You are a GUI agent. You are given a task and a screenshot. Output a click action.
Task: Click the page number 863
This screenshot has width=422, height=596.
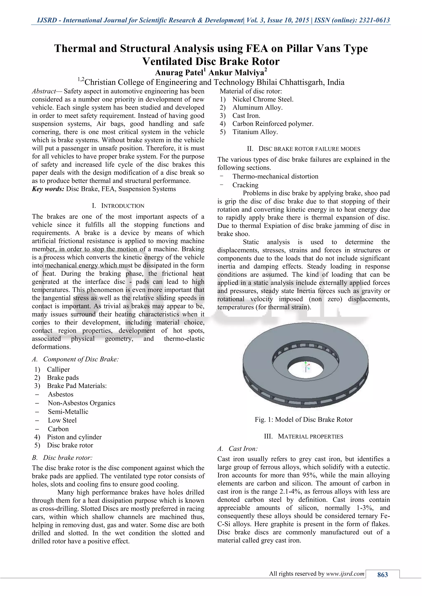[x=382, y=575]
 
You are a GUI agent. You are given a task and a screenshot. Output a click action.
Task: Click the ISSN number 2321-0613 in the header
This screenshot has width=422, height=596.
[x=374, y=20]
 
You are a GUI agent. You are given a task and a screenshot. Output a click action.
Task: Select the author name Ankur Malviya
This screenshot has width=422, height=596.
[x=237, y=73]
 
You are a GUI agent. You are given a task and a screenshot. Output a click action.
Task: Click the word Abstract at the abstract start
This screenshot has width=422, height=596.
[x=44, y=91]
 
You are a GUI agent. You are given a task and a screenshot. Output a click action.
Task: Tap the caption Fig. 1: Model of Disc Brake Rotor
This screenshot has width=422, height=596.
[x=304, y=420]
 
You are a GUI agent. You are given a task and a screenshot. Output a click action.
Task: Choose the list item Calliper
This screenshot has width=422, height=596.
[x=58, y=369]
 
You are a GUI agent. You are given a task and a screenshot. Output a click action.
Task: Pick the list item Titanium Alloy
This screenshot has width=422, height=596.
[x=255, y=132]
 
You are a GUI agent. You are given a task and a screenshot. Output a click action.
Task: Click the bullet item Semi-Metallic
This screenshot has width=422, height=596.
[x=68, y=412]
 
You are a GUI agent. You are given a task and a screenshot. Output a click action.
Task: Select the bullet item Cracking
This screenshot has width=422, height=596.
[x=245, y=185]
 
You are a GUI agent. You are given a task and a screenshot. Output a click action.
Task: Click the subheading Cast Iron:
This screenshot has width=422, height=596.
[x=243, y=449]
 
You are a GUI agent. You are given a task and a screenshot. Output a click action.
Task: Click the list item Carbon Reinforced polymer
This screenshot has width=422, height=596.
[x=273, y=124]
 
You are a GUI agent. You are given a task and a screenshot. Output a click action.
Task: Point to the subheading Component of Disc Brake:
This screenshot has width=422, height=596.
[x=81, y=359]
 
